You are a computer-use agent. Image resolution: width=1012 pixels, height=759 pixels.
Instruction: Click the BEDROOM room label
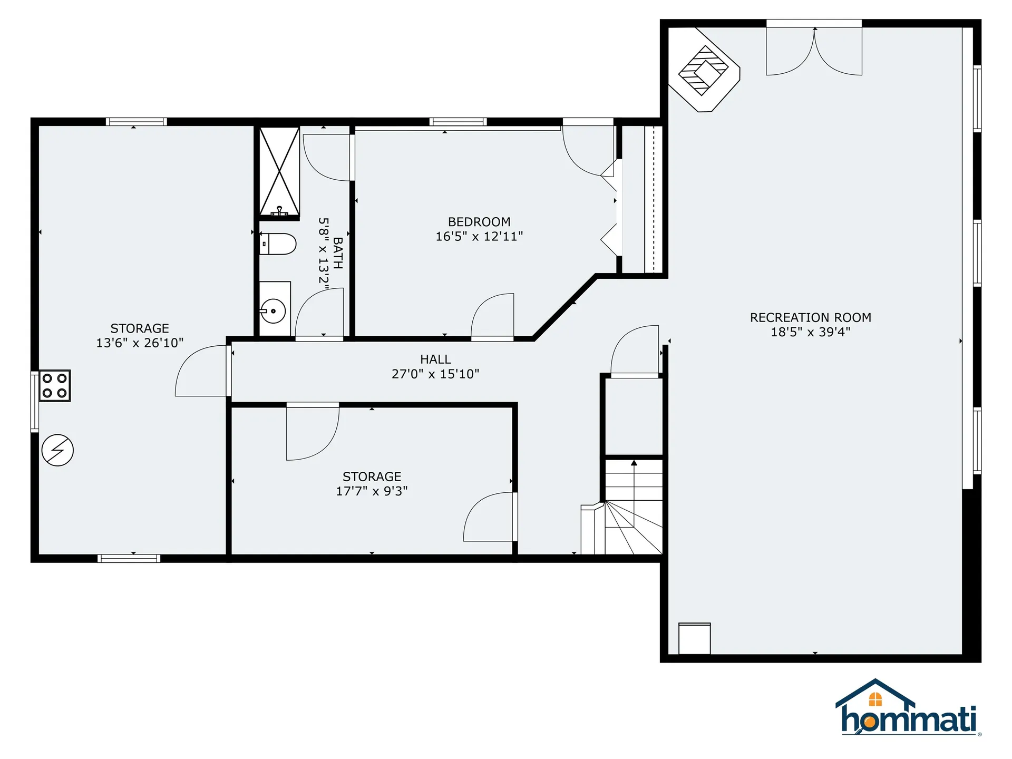[x=479, y=222]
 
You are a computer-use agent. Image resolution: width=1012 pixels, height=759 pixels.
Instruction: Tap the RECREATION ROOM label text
[x=810, y=317]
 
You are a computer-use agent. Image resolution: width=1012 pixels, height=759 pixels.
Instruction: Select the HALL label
[x=435, y=359]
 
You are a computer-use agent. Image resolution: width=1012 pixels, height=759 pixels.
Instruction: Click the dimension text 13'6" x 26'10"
[x=140, y=343]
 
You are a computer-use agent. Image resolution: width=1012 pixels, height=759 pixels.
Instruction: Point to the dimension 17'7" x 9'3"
[x=372, y=491]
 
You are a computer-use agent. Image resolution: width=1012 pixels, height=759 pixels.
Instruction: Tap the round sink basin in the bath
[x=273, y=311]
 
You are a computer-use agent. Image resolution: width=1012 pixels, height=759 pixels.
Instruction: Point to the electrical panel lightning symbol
[x=57, y=450]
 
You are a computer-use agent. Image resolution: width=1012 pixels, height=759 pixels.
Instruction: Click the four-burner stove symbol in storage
[x=55, y=385]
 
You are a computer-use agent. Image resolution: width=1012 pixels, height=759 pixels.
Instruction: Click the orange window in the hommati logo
[x=875, y=699]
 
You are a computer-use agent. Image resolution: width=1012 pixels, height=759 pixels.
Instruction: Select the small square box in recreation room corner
[x=694, y=638]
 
